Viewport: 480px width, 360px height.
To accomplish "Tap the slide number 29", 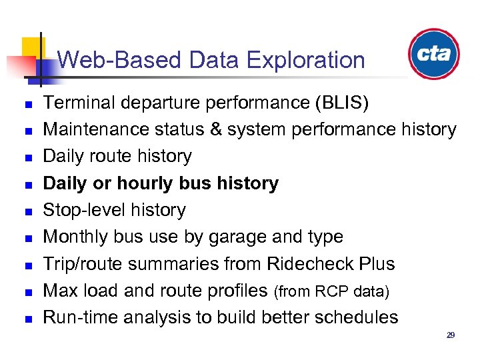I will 451,335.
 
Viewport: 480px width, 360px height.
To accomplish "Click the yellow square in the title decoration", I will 31,47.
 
